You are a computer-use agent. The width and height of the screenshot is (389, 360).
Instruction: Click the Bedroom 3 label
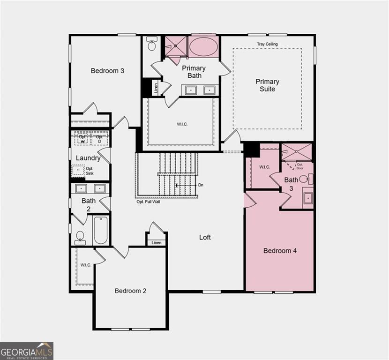pyautogui.click(x=107, y=71)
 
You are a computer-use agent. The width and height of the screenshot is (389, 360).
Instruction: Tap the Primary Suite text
pyautogui.click(x=267, y=85)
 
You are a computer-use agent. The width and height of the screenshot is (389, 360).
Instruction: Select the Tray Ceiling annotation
pyautogui.click(x=267, y=44)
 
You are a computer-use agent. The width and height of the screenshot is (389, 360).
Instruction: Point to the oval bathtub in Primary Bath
pyautogui.click(x=202, y=47)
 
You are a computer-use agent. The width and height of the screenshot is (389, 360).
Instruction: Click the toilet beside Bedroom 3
pyautogui.click(x=152, y=45)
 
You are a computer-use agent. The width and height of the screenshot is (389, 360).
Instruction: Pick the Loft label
pyautogui.click(x=205, y=237)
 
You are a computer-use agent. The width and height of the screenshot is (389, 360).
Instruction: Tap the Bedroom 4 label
pyautogui.click(x=280, y=251)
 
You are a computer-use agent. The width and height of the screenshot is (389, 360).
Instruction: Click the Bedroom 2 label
pyautogui.click(x=130, y=291)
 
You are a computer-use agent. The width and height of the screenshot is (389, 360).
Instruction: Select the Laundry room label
pyautogui.click(x=88, y=158)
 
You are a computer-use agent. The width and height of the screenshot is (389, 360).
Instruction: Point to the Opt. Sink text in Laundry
pyautogui.click(x=90, y=171)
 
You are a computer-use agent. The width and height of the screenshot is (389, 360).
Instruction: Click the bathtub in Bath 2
pyautogui.click(x=101, y=230)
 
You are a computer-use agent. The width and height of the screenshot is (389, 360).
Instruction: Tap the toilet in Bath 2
pyautogui.click(x=80, y=237)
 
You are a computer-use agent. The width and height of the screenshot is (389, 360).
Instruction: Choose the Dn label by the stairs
pyautogui.click(x=201, y=185)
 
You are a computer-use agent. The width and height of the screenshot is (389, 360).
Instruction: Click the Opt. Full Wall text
pyautogui.click(x=150, y=202)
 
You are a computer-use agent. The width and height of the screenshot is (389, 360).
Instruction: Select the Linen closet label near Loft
pyautogui.click(x=156, y=242)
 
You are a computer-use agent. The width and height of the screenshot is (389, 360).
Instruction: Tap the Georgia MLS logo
pyautogui.click(x=27, y=351)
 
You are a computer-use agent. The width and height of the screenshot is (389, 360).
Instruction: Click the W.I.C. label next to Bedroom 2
pyautogui.click(x=85, y=265)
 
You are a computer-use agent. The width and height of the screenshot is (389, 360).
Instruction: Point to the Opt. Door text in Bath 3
pyautogui.click(x=299, y=166)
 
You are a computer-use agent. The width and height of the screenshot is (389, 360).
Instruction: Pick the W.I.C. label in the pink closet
pyautogui.click(x=264, y=167)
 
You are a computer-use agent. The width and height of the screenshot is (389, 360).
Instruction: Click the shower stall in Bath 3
pyautogui.click(x=296, y=152)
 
